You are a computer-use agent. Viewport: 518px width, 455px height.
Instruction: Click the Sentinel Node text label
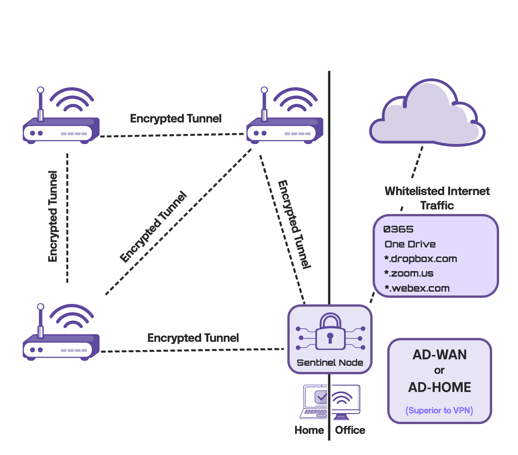point(330,363)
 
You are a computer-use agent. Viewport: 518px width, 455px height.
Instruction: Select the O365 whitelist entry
point(398,229)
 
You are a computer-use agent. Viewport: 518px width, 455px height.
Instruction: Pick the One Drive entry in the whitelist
point(410,244)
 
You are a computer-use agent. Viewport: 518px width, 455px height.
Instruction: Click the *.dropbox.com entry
point(421,259)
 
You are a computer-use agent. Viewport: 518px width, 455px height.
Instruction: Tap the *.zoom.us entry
point(409,273)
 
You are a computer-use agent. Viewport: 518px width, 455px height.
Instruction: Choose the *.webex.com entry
point(417,288)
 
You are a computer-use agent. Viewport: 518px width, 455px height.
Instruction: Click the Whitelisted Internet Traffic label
point(437,198)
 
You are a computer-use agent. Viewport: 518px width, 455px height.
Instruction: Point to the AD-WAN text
point(440,355)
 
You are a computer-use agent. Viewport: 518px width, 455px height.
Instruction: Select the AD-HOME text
point(440,387)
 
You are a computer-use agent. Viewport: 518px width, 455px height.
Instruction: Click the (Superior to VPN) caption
point(439,410)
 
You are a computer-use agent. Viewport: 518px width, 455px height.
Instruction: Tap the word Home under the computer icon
point(309,430)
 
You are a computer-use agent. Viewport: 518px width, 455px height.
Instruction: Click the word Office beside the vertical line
point(350,430)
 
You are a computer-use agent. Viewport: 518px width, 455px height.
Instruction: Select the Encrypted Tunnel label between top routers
point(175,119)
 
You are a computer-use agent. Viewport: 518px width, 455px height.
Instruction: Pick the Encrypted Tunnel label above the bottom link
point(193,338)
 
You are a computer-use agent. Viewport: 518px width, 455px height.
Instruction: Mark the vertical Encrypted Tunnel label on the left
point(53,216)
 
